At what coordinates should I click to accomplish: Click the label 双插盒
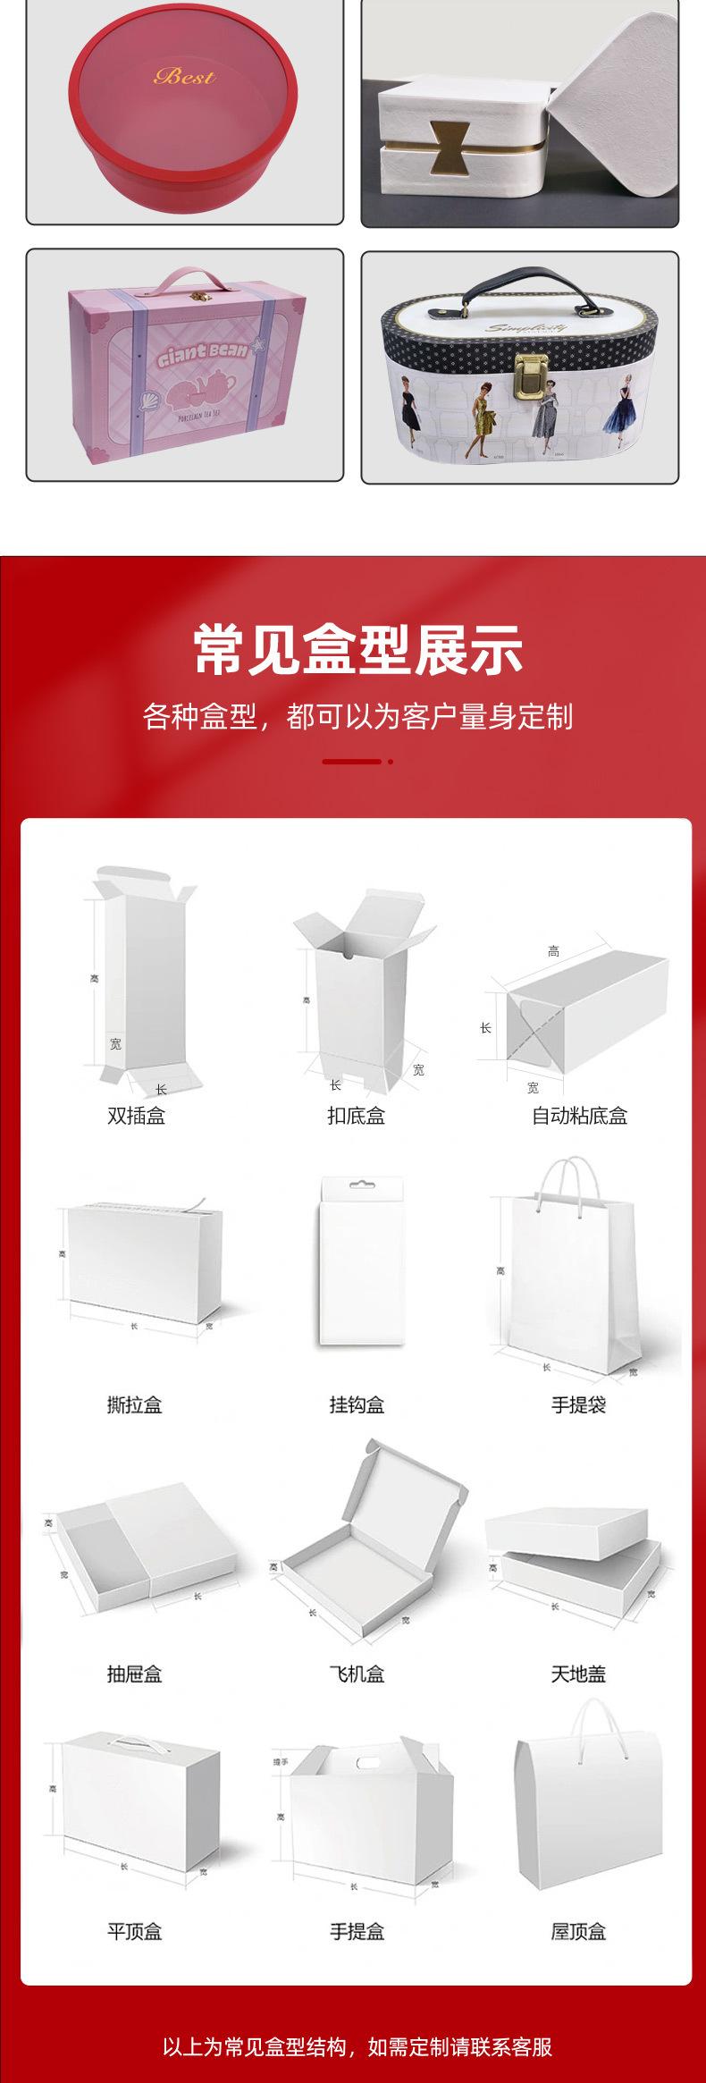coord(136,1116)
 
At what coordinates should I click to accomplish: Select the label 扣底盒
coord(356,1116)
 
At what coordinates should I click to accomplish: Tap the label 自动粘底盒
coord(579,1116)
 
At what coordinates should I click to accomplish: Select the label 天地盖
coord(578,1673)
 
